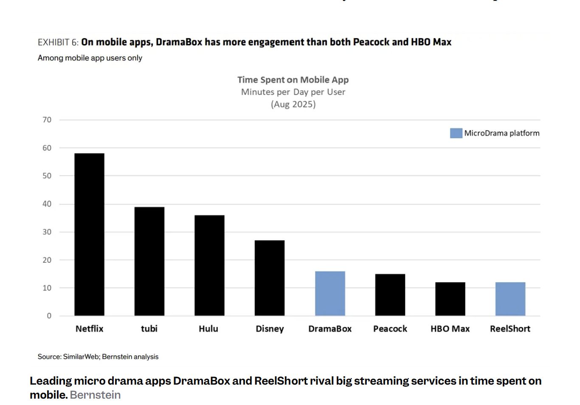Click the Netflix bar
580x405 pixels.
click(89, 234)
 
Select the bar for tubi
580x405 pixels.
click(149, 261)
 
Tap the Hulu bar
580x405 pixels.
click(209, 265)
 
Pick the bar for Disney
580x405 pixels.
click(270, 278)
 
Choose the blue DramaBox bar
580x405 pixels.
click(330, 293)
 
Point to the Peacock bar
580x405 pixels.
click(390, 295)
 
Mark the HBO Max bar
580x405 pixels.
click(450, 299)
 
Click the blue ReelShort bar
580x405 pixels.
click(510, 299)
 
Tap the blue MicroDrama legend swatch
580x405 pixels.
click(456, 133)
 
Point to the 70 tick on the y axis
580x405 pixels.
click(47, 120)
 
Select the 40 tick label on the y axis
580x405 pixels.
click(47, 204)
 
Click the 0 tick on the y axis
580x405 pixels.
click(49, 316)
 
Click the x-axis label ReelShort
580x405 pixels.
click(510, 329)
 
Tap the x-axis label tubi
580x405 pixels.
click(149, 329)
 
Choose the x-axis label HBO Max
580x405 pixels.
click(450, 329)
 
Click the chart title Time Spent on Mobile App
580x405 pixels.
click(293, 80)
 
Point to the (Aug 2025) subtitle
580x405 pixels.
click(293, 104)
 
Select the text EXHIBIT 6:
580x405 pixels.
click(58, 42)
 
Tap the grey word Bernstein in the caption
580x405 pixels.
click(95, 395)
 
